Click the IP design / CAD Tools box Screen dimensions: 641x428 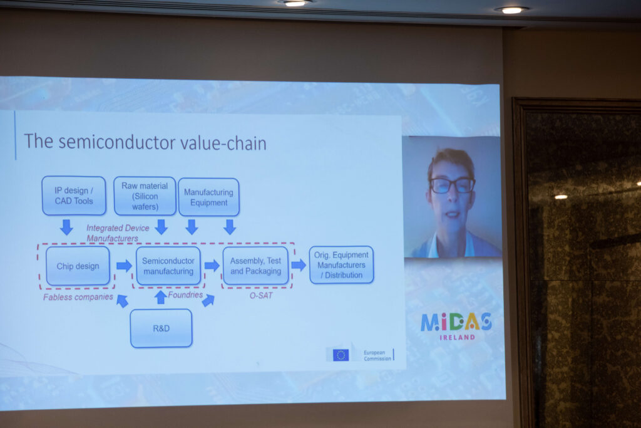coord(74,196)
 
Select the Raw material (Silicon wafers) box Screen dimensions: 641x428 coord(145,196)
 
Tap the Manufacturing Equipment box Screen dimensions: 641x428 coord(208,197)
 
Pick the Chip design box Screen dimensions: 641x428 coord(78,266)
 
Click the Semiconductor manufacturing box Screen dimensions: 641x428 coord(168,266)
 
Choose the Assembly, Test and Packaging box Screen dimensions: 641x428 coord(255,266)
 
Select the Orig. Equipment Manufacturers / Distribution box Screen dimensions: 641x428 coord(341,264)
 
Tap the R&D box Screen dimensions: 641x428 coord(161,328)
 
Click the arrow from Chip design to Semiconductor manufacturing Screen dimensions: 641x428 coord(124,266)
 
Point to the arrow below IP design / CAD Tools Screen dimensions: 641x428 coord(66,227)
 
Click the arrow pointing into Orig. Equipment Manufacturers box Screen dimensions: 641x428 coord(299,265)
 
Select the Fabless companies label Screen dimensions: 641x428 coord(78,297)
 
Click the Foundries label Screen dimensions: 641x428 coord(185,295)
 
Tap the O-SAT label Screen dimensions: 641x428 coord(261,295)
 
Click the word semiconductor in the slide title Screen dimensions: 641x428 coord(120,142)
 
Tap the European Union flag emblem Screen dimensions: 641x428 coord(341,355)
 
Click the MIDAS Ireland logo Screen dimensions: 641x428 coord(456,326)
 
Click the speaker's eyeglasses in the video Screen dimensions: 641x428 coord(452,185)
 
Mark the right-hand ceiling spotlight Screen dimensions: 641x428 coord(511,10)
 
